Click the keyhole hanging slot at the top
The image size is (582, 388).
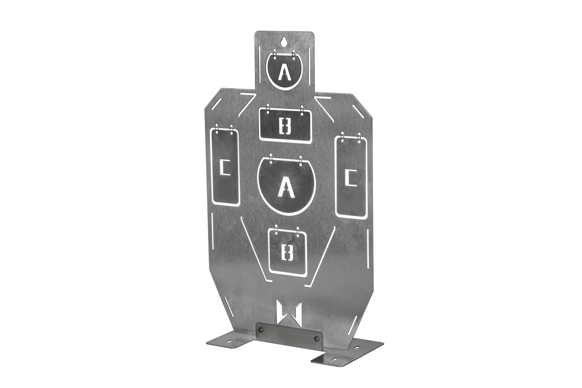(285, 42)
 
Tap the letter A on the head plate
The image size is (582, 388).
(284, 72)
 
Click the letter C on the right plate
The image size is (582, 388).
(349, 178)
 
